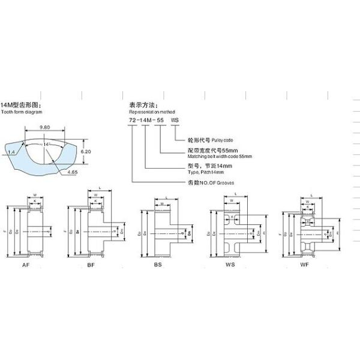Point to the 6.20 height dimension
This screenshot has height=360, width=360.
point(86,152)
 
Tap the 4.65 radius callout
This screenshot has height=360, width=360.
point(73,172)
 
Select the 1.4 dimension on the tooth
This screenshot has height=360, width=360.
point(12,152)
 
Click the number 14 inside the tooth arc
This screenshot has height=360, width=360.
point(46,145)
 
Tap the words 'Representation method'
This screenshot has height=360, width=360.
point(150,112)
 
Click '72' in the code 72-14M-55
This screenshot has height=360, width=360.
point(133,121)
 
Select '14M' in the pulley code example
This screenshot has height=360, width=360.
point(146,121)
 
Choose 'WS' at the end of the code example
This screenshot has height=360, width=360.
point(175,121)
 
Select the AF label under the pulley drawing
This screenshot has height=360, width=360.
point(26,264)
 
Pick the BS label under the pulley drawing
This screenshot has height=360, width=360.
point(158,264)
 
